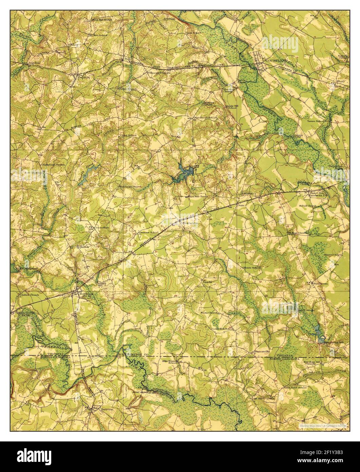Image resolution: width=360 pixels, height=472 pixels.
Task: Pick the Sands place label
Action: [207, 282]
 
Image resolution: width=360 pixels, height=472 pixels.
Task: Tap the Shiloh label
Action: [84, 247]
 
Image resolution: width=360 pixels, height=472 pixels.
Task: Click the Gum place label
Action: [241, 205]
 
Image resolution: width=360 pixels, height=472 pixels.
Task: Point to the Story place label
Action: [340, 81]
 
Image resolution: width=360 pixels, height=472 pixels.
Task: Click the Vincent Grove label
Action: [158, 73]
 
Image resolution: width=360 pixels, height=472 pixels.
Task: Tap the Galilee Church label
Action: [29, 295]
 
